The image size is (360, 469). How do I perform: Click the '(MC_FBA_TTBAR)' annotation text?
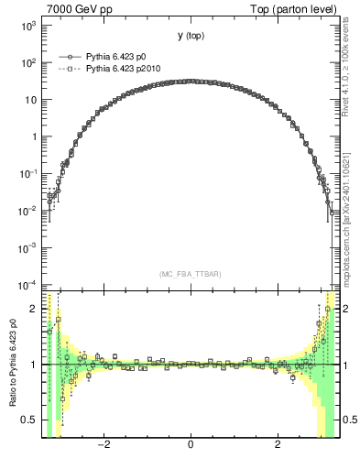(x=190, y=274)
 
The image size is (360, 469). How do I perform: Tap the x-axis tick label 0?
(x=190, y=445)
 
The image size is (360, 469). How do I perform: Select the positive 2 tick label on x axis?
(x=278, y=445)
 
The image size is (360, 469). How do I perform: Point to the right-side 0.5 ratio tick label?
(x=349, y=420)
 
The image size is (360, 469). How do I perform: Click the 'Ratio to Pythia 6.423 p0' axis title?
(x=12, y=366)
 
